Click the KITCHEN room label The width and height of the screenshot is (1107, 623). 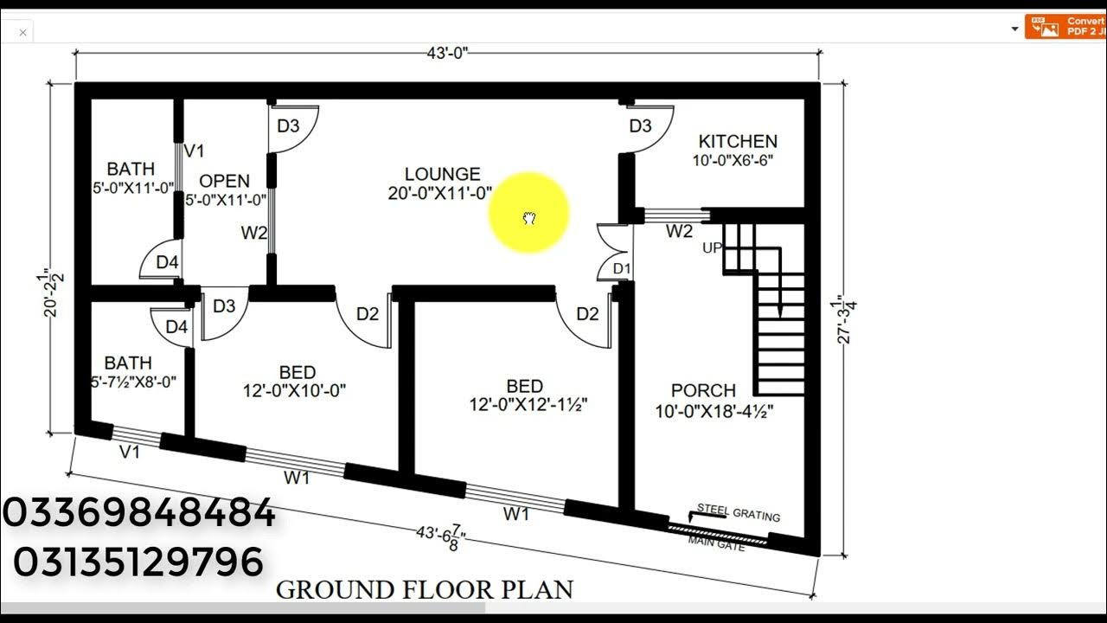coord(738,141)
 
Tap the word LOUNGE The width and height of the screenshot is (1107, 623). coord(442,174)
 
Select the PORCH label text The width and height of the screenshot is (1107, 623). coord(703,390)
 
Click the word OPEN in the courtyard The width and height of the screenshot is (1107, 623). coord(224,181)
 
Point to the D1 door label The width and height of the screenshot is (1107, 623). coord(621,269)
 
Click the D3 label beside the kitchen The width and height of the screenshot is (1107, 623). coord(640,126)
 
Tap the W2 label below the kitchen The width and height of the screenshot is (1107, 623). coord(679,232)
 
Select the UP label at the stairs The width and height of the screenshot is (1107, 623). coord(713,247)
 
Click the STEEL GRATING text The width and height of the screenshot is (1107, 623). coord(739,513)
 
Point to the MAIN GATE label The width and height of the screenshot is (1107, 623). coord(716,543)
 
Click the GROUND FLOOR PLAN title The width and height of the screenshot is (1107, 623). coord(424,590)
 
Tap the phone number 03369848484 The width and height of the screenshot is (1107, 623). coord(139,513)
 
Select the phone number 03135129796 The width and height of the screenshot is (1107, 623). coord(138,562)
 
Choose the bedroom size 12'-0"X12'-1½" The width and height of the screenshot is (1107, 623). coord(524,405)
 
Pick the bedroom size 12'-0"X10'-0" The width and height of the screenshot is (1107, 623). coord(296,390)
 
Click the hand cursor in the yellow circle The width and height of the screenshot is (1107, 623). coord(529,218)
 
